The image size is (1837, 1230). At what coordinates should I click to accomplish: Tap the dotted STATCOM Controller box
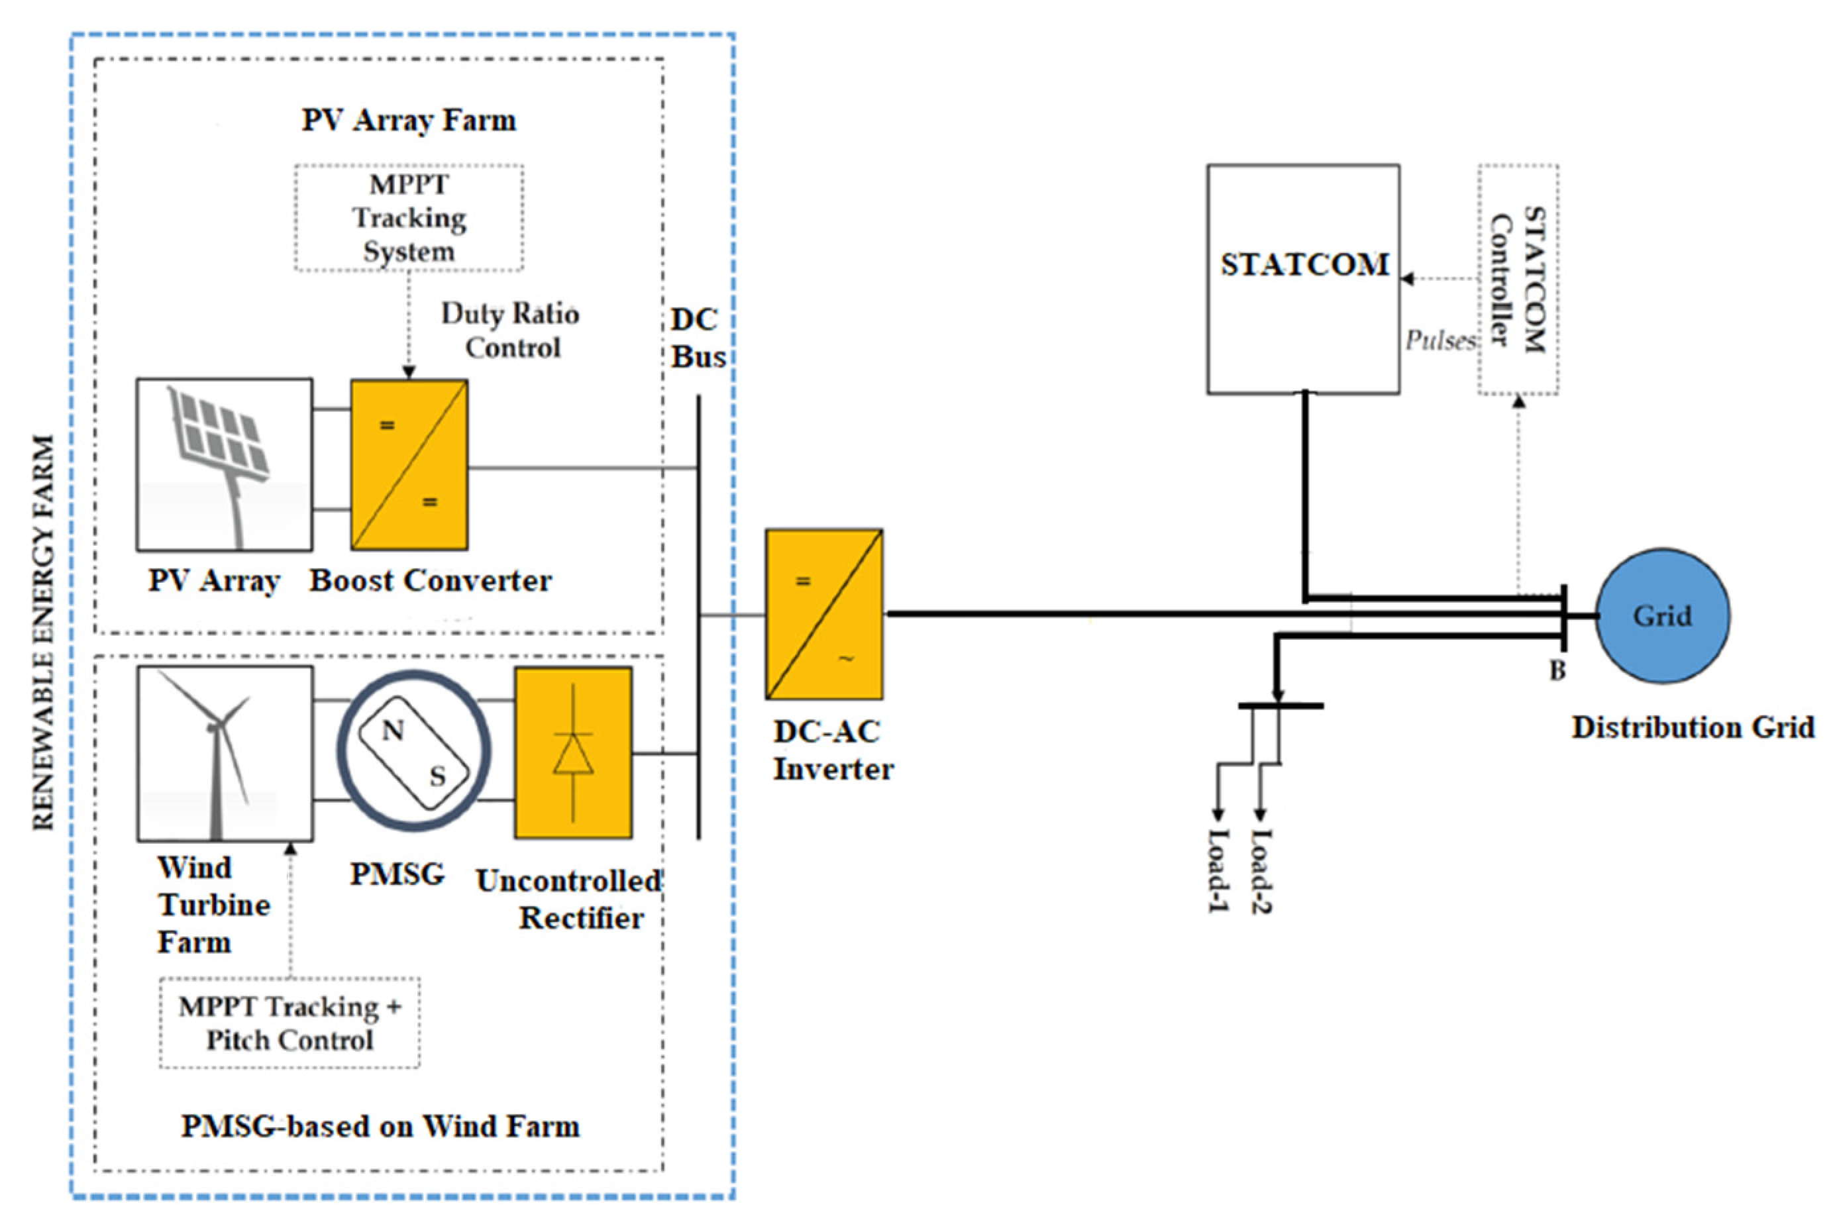[1518, 280]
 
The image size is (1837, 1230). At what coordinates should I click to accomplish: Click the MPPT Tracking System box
[409, 218]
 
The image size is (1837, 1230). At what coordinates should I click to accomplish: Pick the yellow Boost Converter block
[409, 464]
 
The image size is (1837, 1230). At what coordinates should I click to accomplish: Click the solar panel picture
[225, 464]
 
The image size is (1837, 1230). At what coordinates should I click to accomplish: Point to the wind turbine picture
[225, 753]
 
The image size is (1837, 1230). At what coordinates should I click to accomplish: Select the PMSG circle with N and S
[414, 750]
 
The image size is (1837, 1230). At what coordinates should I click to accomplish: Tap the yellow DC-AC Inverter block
[824, 614]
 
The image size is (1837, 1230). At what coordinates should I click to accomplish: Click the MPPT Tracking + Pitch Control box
[289, 1023]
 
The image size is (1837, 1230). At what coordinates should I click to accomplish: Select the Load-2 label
[1261, 872]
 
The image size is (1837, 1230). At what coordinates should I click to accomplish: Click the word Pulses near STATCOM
[1440, 340]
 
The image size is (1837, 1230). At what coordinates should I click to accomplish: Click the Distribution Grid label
[1693, 727]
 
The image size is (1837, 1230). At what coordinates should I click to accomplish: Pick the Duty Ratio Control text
[511, 331]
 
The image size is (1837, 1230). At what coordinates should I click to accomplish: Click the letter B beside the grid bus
[1557, 671]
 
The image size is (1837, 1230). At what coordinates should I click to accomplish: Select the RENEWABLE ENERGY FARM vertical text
[43, 631]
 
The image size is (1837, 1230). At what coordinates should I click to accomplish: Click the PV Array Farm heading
[409, 120]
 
